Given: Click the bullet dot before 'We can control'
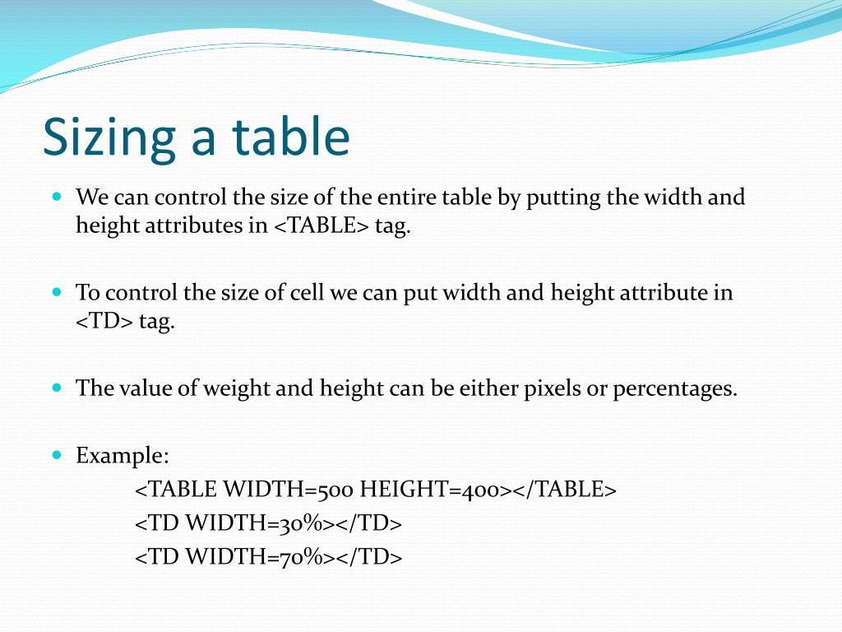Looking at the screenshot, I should coord(57,197).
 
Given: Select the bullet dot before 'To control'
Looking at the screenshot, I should coord(57,292).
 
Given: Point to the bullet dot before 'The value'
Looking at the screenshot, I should coord(57,386).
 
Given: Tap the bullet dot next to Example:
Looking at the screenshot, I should coord(57,453).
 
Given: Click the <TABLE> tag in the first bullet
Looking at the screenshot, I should coord(322,225).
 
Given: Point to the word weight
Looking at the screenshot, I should coord(237,388).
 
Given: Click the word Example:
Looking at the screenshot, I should coord(123,455).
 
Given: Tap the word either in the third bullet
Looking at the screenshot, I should coord(491,388).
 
